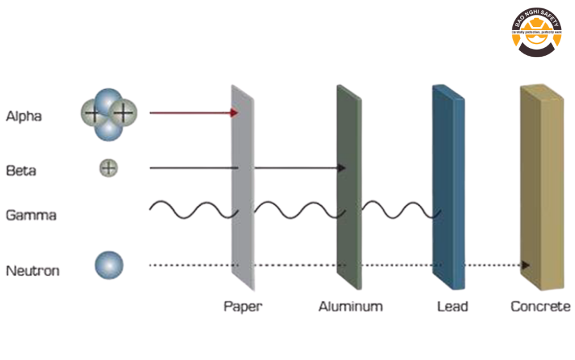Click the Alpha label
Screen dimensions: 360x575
click(x=24, y=116)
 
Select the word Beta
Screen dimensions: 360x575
click(x=21, y=171)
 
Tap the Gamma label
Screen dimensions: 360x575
click(x=31, y=215)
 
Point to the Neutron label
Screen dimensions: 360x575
click(x=33, y=270)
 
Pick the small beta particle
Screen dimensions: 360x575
click(x=109, y=168)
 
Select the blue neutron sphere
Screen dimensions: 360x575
click(x=109, y=265)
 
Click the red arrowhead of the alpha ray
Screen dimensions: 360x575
click(x=234, y=113)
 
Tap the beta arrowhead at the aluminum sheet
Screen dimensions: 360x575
click(x=342, y=168)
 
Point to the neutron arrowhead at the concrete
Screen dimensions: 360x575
click(x=526, y=265)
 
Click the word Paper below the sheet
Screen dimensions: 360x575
click(x=243, y=306)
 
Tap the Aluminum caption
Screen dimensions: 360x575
click(x=351, y=306)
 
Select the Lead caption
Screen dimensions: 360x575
click(x=452, y=306)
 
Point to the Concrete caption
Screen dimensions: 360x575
click(x=540, y=306)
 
